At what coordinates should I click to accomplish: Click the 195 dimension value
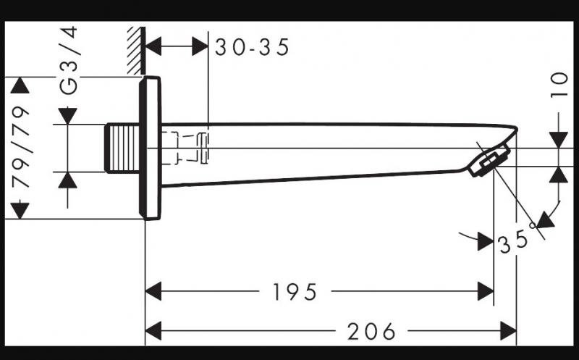(x=295, y=292)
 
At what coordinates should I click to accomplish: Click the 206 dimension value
(x=371, y=332)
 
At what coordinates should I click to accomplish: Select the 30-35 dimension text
(x=252, y=47)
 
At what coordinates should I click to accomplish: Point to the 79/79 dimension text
(x=22, y=148)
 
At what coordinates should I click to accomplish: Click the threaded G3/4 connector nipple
(x=122, y=148)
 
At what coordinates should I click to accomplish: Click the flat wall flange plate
(x=151, y=147)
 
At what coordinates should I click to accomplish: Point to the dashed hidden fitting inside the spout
(x=190, y=148)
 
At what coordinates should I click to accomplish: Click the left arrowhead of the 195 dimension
(x=153, y=292)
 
